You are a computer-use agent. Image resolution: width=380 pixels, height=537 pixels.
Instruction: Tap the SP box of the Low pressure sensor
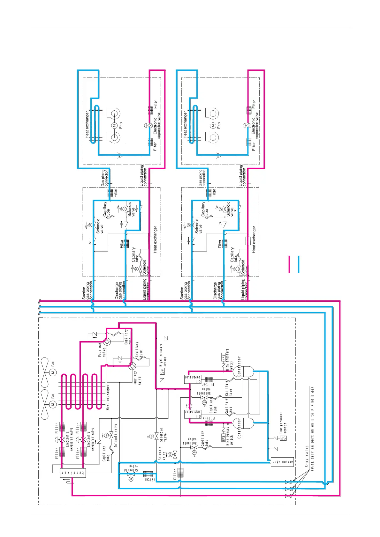point(283,438)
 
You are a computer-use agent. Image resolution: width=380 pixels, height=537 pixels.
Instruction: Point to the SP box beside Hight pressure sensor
point(162,371)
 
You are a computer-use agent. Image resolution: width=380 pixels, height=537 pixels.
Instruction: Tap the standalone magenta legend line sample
point(289,264)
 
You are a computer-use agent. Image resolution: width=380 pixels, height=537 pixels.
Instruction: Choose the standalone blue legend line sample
point(299,264)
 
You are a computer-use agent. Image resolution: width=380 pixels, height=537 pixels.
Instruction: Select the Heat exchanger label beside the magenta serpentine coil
point(108,397)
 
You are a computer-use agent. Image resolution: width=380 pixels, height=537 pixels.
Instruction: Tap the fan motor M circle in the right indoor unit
point(213,126)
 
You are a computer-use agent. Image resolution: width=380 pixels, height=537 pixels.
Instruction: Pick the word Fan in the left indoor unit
point(121,126)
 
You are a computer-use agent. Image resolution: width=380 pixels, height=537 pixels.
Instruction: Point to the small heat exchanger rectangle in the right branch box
point(248,241)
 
